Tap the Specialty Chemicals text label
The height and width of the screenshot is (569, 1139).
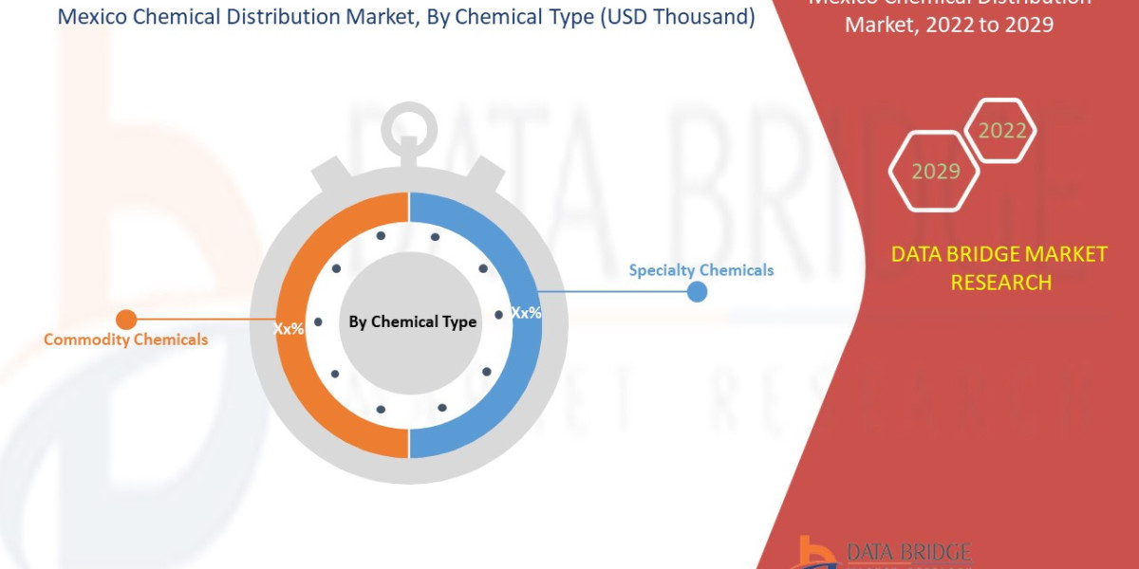[701, 270]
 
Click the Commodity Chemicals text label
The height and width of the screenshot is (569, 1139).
[125, 340]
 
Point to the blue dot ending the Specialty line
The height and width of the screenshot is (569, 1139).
[697, 291]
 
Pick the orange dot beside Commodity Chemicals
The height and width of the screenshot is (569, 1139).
[125, 320]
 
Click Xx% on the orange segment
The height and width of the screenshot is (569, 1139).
[289, 329]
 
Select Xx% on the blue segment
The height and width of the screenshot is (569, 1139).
[526, 312]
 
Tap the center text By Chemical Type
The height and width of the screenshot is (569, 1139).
[412, 322]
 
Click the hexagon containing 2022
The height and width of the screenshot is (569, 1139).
[1001, 131]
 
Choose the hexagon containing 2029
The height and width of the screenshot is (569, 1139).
[935, 172]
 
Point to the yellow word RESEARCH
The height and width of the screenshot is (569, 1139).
[999, 282]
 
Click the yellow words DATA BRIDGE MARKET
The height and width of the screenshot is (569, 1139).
[999, 254]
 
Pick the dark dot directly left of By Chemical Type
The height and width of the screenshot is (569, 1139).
[318, 322]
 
